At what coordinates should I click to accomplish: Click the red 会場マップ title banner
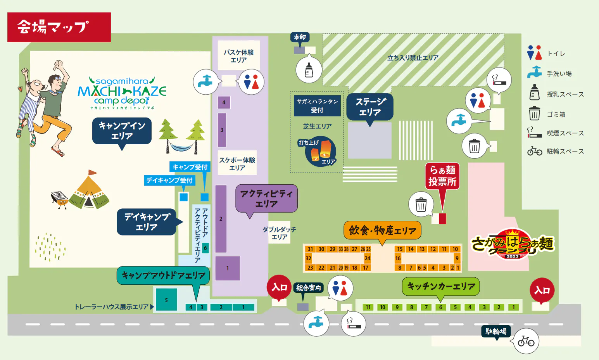pyautogui.click(x=59, y=27)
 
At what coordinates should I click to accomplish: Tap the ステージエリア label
pyautogui.click(x=370, y=107)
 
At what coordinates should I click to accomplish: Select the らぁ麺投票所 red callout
pyautogui.click(x=442, y=176)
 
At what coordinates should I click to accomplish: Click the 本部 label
pyautogui.click(x=300, y=37)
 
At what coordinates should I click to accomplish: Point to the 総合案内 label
pyautogui.click(x=309, y=287)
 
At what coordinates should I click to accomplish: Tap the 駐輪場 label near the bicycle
pyautogui.click(x=496, y=331)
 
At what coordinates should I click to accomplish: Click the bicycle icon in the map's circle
pyautogui.click(x=526, y=341)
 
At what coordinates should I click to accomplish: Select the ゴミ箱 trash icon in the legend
pyautogui.click(x=534, y=114)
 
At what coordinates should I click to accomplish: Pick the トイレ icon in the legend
pyautogui.click(x=534, y=53)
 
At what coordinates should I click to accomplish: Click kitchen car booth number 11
pyautogui.click(x=368, y=307)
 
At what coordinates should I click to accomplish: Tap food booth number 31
pyautogui.click(x=310, y=249)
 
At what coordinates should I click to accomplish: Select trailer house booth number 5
pyautogui.click(x=166, y=300)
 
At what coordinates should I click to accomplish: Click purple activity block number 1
pyautogui.click(x=228, y=268)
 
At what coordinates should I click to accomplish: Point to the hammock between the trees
pyautogui.click(x=181, y=147)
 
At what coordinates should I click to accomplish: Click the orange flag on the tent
pyautogui.click(x=92, y=172)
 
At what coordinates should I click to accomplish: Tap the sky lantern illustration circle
pyautogui.click(x=321, y=151)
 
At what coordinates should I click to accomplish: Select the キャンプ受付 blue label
pyautogui.click(x=190, y=167)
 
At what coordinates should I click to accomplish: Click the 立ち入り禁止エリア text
pyautogui.click(x=413, y=58)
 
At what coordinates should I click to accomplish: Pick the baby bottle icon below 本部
pyautogui.click(x=309, y=70)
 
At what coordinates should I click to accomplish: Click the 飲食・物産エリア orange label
pyautogui.click(x=382, y=230)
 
